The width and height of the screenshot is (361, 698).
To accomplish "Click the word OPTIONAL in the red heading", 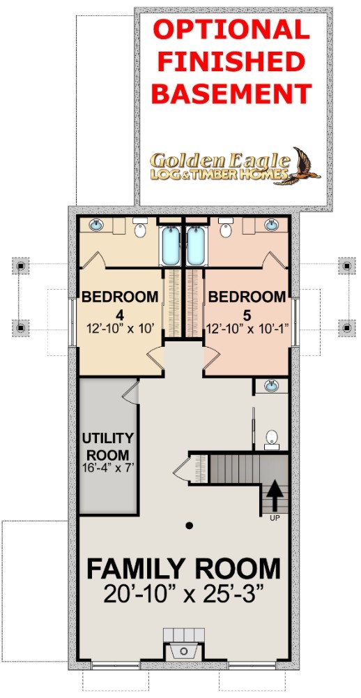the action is coord(231,31).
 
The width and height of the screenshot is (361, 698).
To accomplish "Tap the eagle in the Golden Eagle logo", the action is coord(302,165).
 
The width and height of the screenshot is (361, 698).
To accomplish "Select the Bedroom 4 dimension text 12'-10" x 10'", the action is coord(120,329).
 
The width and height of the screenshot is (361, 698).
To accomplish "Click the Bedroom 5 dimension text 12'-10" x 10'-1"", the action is coord(247,329).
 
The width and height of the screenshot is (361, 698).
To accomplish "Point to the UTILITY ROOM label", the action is coord(107,447).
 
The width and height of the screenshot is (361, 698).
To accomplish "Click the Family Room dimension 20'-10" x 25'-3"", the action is coord(183,593).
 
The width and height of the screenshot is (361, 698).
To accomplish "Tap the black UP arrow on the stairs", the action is coord(275,496).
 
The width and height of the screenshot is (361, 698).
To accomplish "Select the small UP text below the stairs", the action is coord(275,518).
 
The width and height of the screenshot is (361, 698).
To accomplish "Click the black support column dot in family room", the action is coord(190,526).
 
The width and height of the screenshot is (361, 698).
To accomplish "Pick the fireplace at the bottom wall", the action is coord(184,644).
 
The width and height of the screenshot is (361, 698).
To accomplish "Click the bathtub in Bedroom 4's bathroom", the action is coord(171,246).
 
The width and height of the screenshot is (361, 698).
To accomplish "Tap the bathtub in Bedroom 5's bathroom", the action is coord(196,246).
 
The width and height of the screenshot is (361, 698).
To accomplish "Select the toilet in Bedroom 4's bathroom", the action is coord(140,228).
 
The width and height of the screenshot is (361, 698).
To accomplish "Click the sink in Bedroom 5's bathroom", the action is coord(272,225).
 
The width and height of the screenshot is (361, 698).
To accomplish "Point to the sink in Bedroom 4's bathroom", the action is coord(96,225).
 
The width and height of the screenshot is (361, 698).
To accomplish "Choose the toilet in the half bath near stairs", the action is coord(272,438).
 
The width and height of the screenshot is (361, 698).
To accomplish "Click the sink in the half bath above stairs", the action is coord(271,386).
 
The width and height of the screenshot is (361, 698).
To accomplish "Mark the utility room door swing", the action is coord(131,392).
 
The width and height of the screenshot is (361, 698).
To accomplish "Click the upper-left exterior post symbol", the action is coord(20,266).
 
